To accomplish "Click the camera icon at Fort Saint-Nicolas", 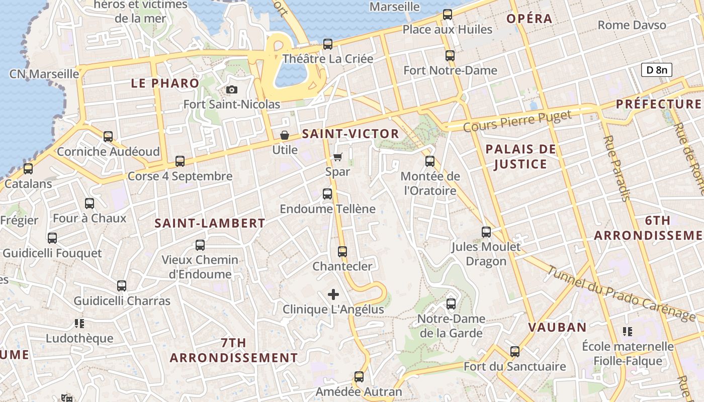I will click(x=232, y=90).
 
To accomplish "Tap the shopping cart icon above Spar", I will click(x=337, y=157).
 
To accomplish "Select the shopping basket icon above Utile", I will click(x=285, y=135).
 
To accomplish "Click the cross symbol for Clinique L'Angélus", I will click(x=333, y=294).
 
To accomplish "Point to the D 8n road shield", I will click(x=656, y=70).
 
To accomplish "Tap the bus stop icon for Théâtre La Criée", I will click(x=328, y=44).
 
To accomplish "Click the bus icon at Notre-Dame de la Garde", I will click(x=451, y=304).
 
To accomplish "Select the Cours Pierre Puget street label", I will click(x=517, y=122).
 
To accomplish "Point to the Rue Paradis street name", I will click(x=616, y=168).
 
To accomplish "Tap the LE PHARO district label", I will click(x=165, y=83).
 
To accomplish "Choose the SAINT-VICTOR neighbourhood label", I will click(x=350, y=134).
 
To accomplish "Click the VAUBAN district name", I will click(x=557, y=327).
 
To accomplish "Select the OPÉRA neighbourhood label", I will click(x=529, y=19).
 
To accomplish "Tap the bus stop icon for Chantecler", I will click(x=342, y=251).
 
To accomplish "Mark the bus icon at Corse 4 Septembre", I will click(x=180, y=161).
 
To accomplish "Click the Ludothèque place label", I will click(x=79, y=338).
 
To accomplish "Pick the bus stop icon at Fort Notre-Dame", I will click(x=450, y=56).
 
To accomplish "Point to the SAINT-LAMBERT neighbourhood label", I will click(x=210, y=223).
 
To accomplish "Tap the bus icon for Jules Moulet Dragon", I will click(x=486, y=232).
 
